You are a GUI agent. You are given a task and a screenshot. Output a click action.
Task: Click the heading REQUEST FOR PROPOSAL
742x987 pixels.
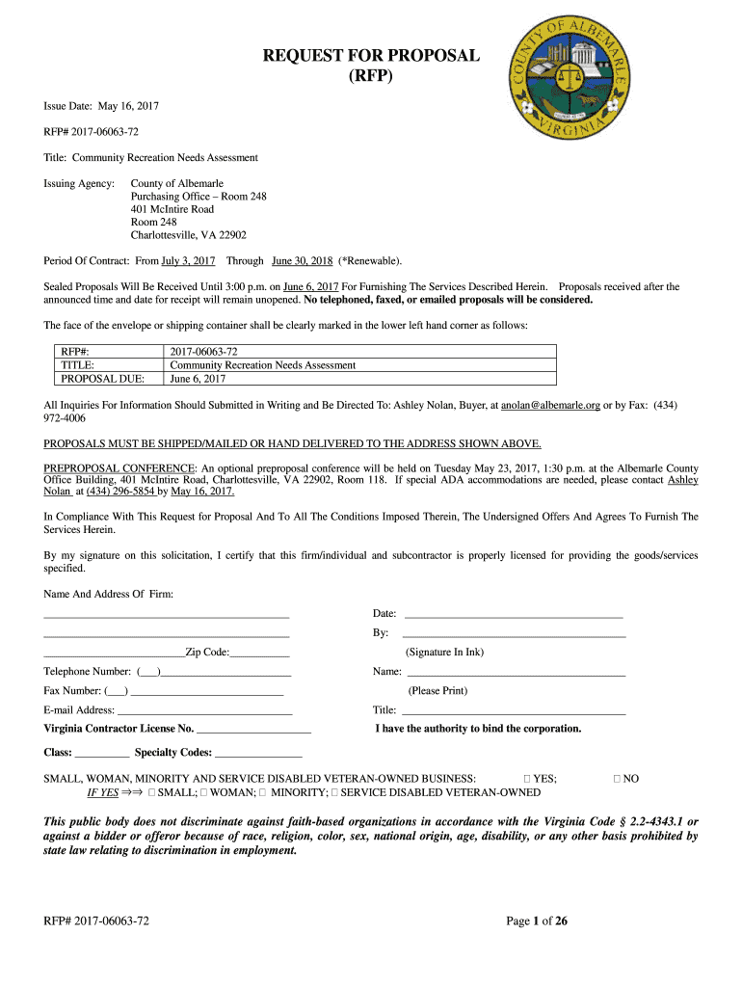click(371, 55)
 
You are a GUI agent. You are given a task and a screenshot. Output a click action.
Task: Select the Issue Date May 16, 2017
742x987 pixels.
click(101, 105)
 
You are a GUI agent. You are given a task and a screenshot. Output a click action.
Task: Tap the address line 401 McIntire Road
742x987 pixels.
click(172, 209)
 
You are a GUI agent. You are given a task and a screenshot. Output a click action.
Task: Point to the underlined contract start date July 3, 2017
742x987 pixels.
click(188, 261)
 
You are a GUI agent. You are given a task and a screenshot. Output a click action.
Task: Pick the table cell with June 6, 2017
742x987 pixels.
click(198, 379)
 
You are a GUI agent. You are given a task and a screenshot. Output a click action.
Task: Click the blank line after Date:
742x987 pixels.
click(513, 614)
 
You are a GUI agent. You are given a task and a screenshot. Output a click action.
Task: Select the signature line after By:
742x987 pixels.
click(513, 633)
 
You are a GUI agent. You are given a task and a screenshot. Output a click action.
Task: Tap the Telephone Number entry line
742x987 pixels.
click(225, 672)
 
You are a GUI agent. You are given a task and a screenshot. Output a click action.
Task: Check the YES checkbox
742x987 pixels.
click(527, 778)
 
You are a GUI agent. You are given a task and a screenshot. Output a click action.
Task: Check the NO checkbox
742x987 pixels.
click(618, 778)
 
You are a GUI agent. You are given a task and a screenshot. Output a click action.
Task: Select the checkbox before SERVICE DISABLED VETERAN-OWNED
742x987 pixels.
click(334, 792)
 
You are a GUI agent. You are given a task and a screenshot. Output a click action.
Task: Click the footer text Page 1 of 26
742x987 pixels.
click(537, 921)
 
